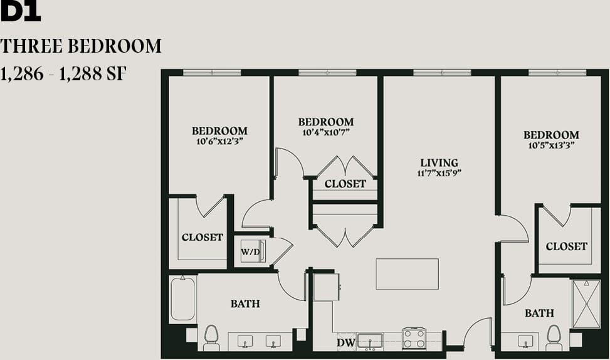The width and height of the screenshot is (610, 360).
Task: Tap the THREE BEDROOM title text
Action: point(81,46)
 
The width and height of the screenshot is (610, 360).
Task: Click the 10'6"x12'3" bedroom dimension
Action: point(219,141)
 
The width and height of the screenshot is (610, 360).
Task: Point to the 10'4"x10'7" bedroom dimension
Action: point(325,132)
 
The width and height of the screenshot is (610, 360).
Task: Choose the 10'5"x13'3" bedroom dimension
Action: point(551,145)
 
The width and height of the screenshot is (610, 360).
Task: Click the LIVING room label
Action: point(439,163)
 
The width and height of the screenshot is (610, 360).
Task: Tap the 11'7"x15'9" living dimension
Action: point(439,173)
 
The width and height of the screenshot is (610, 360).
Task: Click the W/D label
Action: point(250,252)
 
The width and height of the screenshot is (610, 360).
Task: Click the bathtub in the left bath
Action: point(183,299)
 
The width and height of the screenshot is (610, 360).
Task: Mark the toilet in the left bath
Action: point(211,337)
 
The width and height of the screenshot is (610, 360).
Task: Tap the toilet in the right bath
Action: point(554,337)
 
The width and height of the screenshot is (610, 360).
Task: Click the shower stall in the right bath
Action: point(586,304)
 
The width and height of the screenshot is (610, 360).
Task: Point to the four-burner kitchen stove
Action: point(414,339)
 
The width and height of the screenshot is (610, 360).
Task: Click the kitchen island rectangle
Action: point(407,274)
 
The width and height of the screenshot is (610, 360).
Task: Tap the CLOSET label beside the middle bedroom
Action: point(345,184)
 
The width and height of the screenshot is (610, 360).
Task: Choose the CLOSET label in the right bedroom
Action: point(566,246)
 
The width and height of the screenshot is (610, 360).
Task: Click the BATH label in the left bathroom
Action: point(245,304)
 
